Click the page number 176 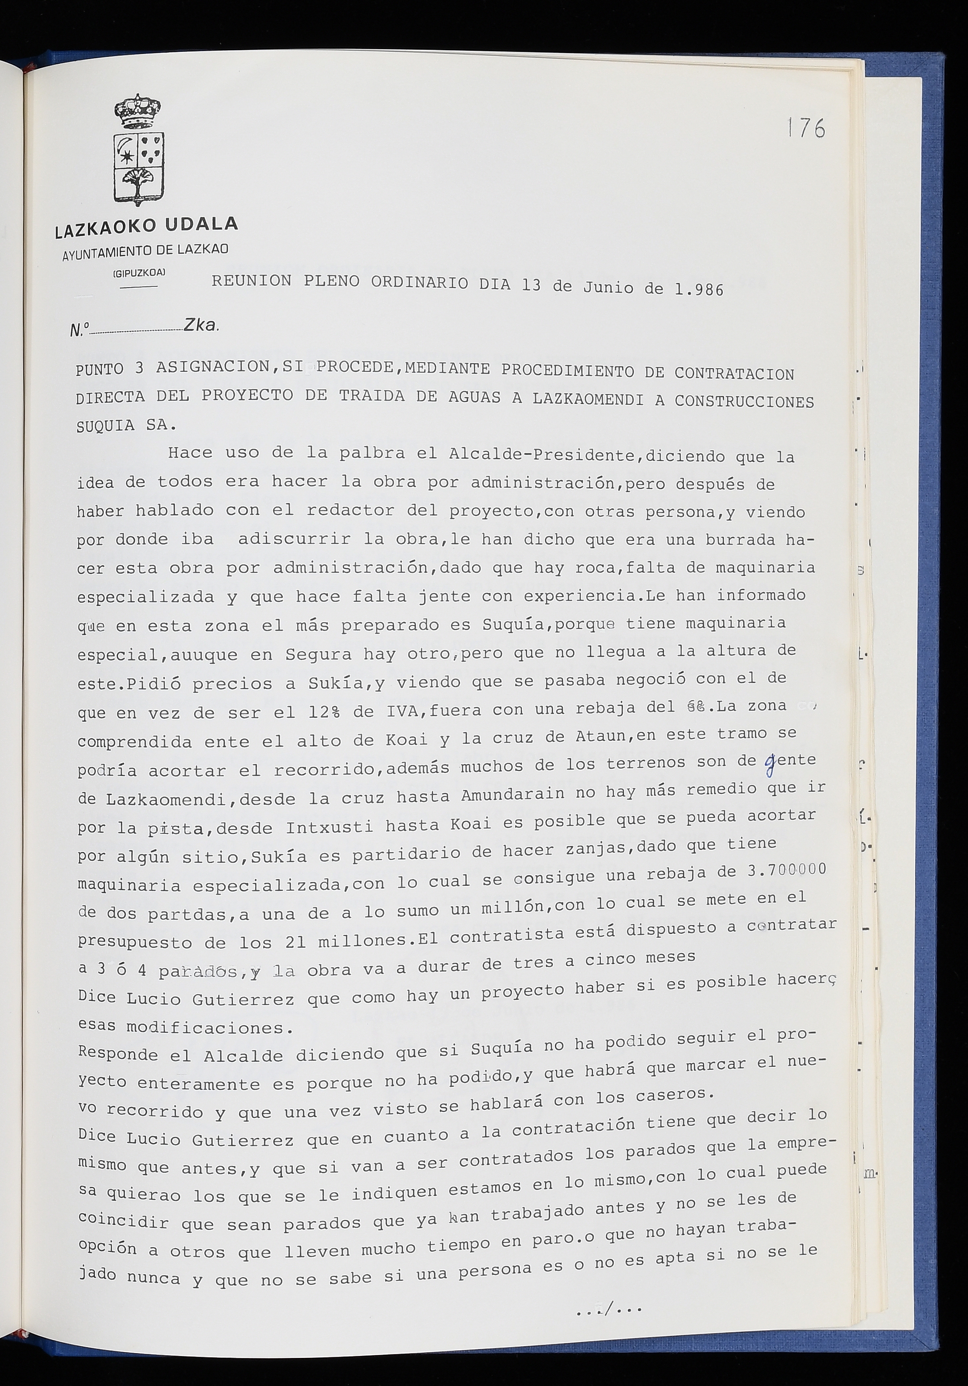tap(806, 128)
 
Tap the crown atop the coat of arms tap(138, 111)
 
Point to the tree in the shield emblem tap(138, 181)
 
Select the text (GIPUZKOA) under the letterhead tap(139, 272)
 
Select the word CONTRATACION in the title tap(734, 374)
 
